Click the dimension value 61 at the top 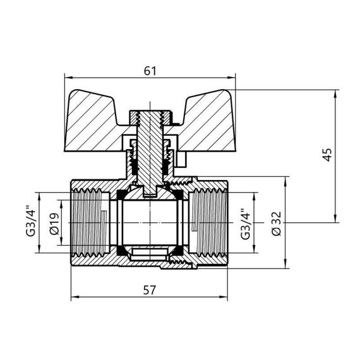150,71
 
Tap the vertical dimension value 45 327,155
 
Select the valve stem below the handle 150,158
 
